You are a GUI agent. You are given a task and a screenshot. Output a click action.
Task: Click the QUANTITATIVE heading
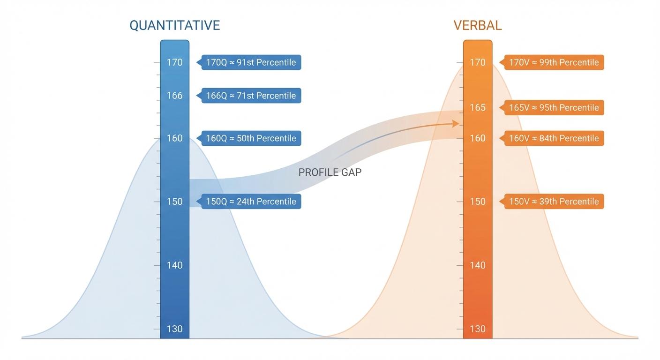pos(174,25)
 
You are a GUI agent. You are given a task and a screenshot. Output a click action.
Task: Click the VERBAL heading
pos(477,25)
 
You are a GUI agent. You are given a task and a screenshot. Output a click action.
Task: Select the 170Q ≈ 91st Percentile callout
pos(251,62)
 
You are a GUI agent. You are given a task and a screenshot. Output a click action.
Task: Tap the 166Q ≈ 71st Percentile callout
pos(251,96)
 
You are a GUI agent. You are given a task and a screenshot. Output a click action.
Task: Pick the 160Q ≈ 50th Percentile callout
pos(251,138)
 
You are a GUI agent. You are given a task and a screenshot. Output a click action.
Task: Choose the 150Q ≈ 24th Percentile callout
pos(251,202)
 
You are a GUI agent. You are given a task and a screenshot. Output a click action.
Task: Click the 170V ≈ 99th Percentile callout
pos(554,62)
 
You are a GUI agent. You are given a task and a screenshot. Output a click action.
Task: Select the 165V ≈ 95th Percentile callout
pos(554,108)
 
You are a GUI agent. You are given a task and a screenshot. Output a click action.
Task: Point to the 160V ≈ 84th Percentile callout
pos(554,138)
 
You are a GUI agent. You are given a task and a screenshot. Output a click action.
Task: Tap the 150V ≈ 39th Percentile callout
pos(554,202)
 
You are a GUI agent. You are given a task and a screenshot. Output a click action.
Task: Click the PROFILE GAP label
pos(330,172)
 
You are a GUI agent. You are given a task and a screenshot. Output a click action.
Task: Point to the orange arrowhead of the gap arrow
pos(456,123)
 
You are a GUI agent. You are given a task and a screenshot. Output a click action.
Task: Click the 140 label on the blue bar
pos(175,265)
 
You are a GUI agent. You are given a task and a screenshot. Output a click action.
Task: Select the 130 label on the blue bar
pos(175,329)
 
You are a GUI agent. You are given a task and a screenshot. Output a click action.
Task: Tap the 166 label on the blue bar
pos(175,96)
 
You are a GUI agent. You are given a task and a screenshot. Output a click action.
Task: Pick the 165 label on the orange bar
pos(478,108)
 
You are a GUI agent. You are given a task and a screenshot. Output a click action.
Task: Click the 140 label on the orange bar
pos(478,265)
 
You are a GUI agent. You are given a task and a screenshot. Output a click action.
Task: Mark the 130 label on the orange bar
pos(478,329)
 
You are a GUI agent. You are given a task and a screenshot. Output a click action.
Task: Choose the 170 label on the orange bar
pos(478,62)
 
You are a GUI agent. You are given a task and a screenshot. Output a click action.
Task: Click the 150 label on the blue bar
pos(175,202)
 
